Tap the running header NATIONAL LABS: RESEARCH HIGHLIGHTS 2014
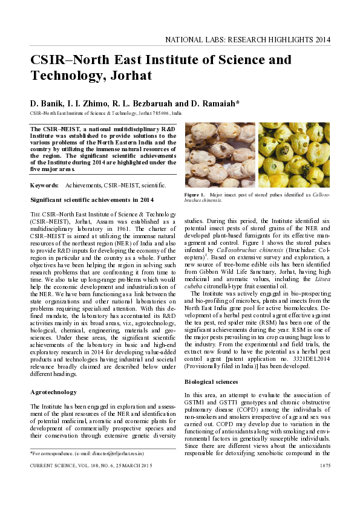[248, 40]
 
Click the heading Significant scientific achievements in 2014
[92, 199]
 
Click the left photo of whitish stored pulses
[219, 155]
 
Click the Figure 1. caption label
[195, 195]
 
